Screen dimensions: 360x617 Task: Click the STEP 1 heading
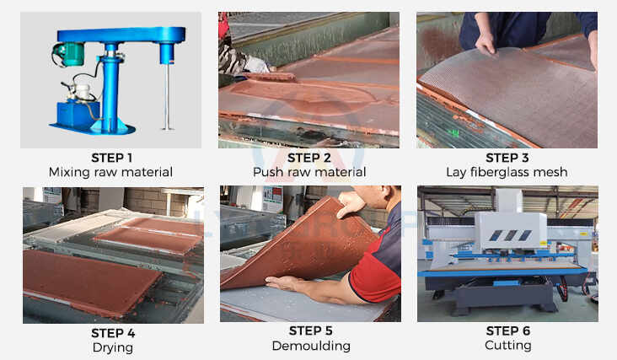111,157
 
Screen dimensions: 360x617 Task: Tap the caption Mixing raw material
111,172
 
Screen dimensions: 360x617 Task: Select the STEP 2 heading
309,157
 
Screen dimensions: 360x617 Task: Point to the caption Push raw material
309,172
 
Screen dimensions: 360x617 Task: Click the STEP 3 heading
507,157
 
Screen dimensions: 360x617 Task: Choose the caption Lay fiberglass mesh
507,172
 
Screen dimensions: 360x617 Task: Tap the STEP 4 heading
113,331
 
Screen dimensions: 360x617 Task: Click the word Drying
113,346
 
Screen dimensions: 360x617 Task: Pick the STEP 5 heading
310,331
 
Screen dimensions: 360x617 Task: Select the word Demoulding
310,346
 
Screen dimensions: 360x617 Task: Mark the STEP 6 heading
507,331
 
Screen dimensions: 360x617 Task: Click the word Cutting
507,346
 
